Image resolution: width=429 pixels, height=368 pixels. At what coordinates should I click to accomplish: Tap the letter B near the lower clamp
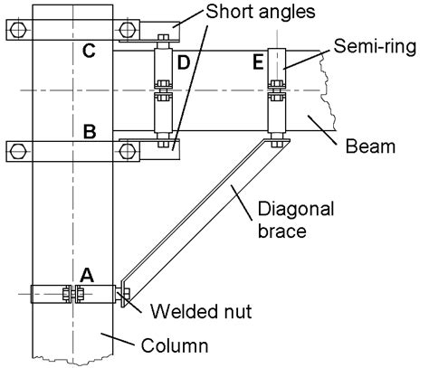90,132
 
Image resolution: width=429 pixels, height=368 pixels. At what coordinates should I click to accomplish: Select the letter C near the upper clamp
90,52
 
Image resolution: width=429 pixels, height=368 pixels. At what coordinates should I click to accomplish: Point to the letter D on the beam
184,62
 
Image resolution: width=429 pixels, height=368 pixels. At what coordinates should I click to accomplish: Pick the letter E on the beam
258,62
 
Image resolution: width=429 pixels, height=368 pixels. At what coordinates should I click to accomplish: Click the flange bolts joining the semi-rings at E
277,91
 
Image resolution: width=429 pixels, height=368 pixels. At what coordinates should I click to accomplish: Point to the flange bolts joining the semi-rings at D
163,91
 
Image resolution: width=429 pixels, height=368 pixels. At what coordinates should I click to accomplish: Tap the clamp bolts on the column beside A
71,294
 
